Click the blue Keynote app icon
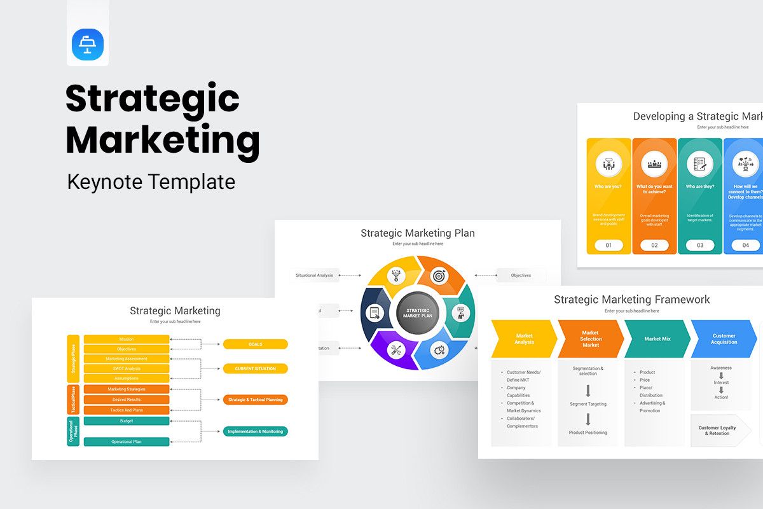pyautogui.click(x=88, y=45)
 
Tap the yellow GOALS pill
pyautogui.click(x=255, y=344)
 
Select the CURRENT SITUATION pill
pyautogui.click(x=255, y=368)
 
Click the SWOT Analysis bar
pyautogui.click(x=127, y=368)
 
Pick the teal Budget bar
pyautogui.click(x=127, y=421)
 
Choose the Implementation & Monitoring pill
pyautogui.click(x=255, y=431)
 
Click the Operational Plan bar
pyautogui.click(x=127, y=442)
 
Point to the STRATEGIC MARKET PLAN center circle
pyautogui.click(x=418, y=313)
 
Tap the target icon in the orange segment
pyautogui.click(x=439, y=275)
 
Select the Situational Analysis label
pyautogui.click(x=314, y=275)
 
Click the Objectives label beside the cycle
pyautogui.click(x=521, y=275)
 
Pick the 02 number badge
pyautogui.click(x=654, y=245)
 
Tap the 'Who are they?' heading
pyautogui.click(x=699, y=187)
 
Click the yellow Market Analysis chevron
pyautogui.click(x=523, y=338)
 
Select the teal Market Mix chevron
pyautogui.click(x=657, y=339)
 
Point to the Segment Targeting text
pyautogui.click(x=588, y=404)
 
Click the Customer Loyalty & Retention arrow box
pyautogui.click(x=718, y=431)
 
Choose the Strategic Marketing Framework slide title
pyautogui.click(x=631, y=300)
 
